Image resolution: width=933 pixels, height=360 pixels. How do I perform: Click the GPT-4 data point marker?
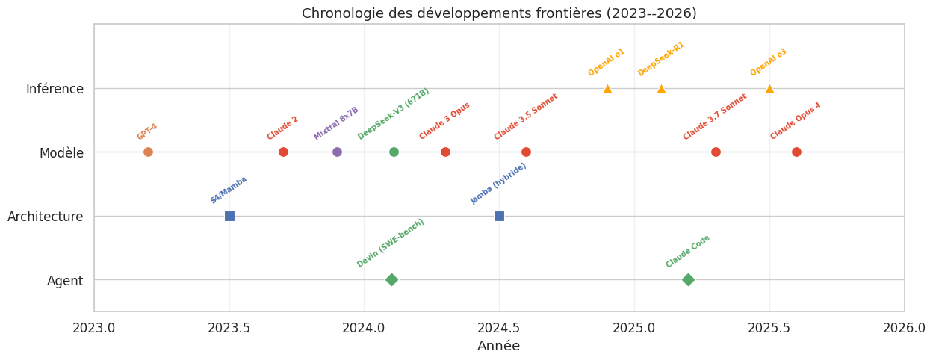click(148, 152)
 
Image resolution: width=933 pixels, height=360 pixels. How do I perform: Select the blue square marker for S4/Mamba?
click(229, 216)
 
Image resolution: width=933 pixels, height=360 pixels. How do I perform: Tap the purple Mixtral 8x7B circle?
click(337, 152)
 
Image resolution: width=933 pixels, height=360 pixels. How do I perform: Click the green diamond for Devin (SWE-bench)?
click(391, 280)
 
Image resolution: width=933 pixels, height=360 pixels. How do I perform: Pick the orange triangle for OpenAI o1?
click(607, 89)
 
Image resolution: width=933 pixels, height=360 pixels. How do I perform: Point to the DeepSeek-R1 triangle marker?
click(661, 89)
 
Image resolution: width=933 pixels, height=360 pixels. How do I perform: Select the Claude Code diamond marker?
click(688, 280)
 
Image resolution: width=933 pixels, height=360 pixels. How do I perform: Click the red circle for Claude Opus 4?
click(796, 152)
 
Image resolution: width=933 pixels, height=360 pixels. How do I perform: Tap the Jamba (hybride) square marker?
click(499, 216)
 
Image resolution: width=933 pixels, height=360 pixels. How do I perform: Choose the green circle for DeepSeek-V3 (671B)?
click(394, 152)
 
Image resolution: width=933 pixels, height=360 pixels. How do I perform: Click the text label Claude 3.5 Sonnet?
click(526, 117)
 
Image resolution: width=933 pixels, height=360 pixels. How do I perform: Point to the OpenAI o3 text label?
click(769, 62)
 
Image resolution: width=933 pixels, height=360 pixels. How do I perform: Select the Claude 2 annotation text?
click(282, 128)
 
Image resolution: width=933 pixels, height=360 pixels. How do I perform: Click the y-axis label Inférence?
click(55, 89)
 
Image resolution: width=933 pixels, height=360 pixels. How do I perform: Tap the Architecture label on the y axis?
click(46, 217)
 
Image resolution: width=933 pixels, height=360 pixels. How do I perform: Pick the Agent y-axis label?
click(65, 280)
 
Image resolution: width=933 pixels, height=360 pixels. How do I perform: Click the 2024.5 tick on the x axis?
click(499, 328)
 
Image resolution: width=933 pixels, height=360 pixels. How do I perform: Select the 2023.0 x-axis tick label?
click(94, 328)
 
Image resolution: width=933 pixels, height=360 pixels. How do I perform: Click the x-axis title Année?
click(498, 347)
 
